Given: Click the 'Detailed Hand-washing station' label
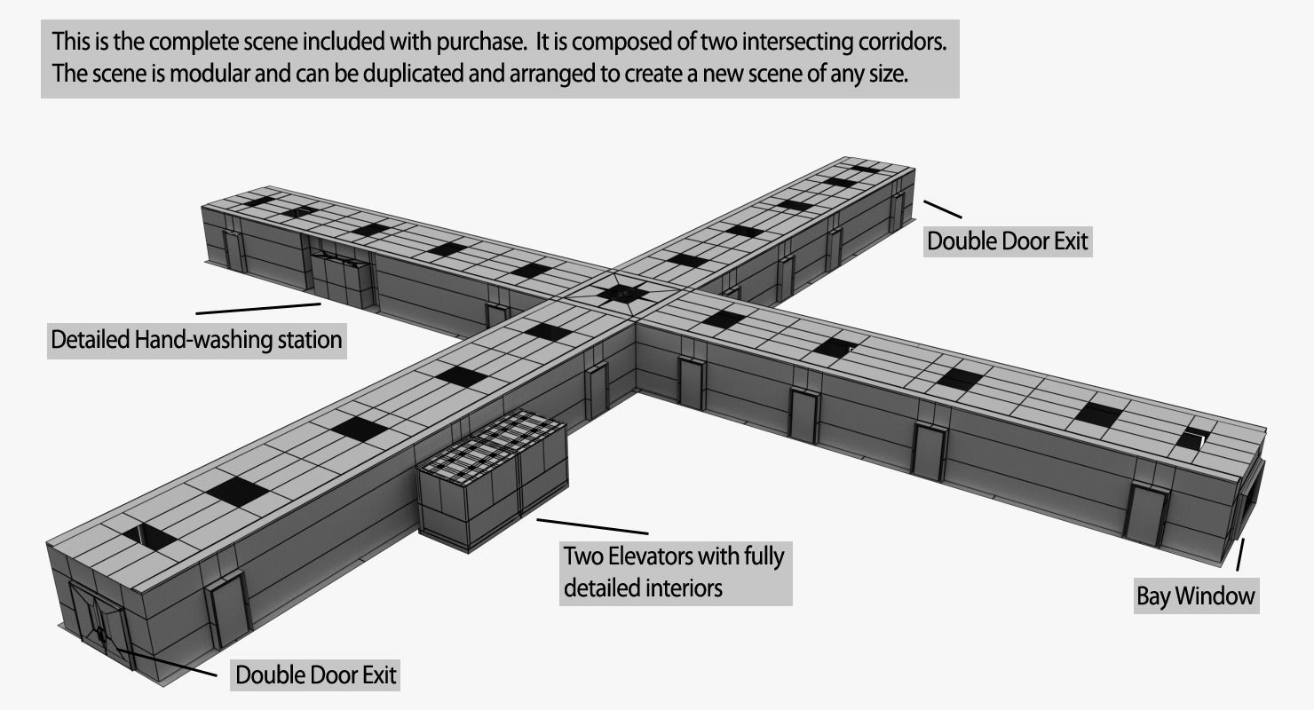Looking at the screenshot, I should [x=196, y=340].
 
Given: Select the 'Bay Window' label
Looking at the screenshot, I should [x=1196, y=596].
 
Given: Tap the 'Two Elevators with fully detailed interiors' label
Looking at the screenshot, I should [x=675, y=572].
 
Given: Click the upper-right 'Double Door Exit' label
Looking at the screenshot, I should [x=1007, y=241].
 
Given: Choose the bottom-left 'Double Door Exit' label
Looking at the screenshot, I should [x=315, y=675].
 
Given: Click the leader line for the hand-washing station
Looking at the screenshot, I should [x=257, y=308].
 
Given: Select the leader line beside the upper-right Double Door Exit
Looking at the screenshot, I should [x=942, y=209].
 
